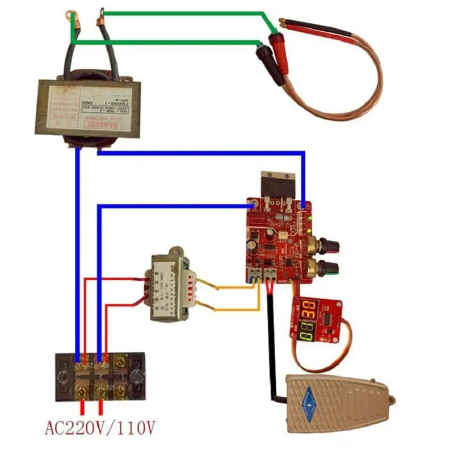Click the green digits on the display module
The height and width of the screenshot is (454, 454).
(x=308, y=331)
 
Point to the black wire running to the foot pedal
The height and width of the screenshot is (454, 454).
(x=271, y=340)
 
